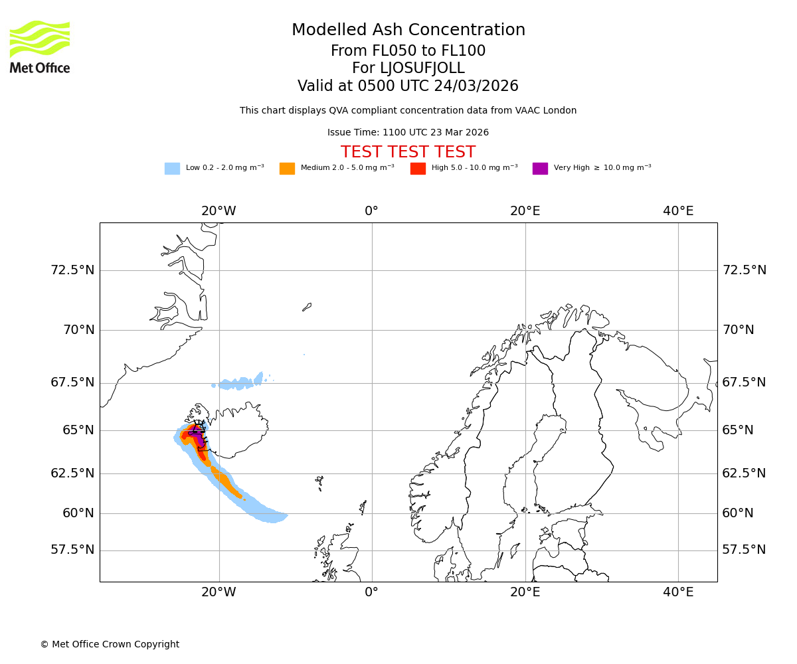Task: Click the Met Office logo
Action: [x=40, y=46]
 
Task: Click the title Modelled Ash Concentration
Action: [x=408, y=30]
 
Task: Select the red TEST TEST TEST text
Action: [x=408, y=152]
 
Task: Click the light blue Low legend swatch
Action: [x=172, y=169]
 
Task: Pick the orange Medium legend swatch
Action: [x=287, y=169]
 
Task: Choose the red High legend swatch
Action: [x=418, y=169]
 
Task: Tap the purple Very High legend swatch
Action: [x=540, y=169]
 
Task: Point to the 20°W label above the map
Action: [x=219, y=211]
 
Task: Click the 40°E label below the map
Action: [x=678, y=592]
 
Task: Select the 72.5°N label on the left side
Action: [x=72, y=270]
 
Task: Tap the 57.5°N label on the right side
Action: [x=744, y=550]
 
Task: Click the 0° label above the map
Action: [x=371, y=211]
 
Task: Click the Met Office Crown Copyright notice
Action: [x=110, y=644]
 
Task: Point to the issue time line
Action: [x=408, y=132]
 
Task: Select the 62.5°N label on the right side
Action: [x=744, y=473]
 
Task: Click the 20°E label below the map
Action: [x=525, y=592]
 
